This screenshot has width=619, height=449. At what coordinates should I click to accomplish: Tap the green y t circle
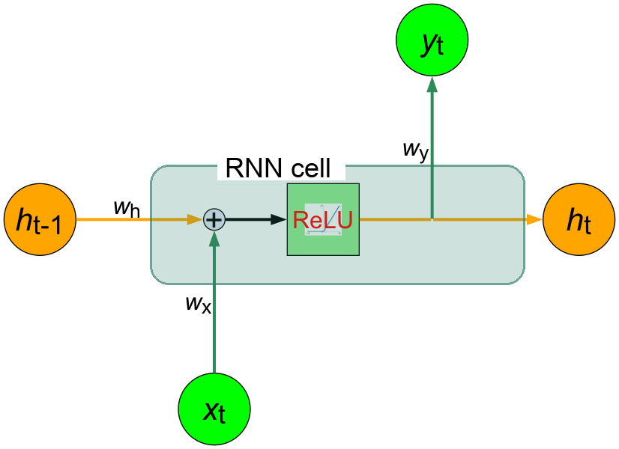pos(432,42)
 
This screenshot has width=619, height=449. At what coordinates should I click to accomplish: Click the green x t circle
pos(214,409)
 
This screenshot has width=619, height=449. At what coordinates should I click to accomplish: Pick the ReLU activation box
pos(323,219)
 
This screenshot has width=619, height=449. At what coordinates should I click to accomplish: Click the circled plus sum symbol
pos(214,219)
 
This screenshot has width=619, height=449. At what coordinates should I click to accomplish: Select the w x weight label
pos(199,303)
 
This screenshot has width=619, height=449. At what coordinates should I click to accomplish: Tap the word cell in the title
pos(307,168)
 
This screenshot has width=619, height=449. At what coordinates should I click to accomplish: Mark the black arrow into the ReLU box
pos(255,219)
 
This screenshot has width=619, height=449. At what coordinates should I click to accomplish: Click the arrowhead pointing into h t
pos(534,219)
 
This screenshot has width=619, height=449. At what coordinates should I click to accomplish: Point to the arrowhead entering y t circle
pos(432,85)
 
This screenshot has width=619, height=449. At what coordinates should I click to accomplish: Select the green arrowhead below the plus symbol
pos(214,238)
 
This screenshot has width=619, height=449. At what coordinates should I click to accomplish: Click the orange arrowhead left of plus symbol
pos(197,219)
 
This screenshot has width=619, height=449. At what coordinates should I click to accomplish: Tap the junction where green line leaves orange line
pos(432,219)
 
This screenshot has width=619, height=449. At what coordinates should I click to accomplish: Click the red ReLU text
pos(322,220)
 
